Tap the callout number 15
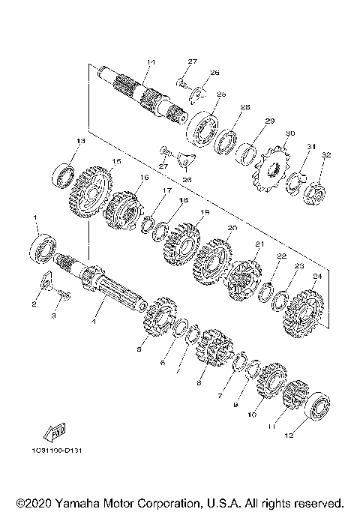pyautogui.click(x=115, y=161)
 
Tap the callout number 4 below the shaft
pyautogui.click(x=94, y=324)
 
